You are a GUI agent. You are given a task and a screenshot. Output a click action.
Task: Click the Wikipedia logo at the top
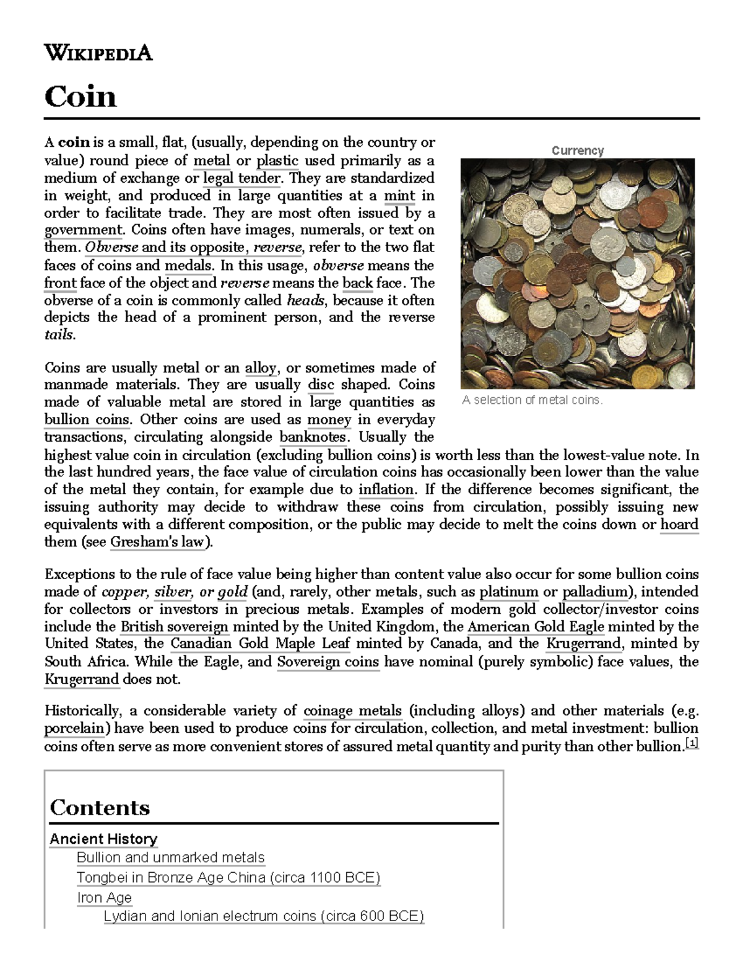click(x=98, y=53)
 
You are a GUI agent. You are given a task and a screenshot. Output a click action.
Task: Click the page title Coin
click(x=80, y=97)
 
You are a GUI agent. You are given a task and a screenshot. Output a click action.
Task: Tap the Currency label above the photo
click(x=577, y=151)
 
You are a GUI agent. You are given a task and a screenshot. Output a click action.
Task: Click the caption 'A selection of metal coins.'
click(x=532, y=400)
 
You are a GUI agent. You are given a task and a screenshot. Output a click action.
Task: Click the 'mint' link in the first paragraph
click(x=399, y=196)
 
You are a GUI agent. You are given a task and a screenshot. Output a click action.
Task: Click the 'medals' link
click(x=189, y=266)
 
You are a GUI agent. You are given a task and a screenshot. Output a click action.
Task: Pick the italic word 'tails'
click(x=59, y=335)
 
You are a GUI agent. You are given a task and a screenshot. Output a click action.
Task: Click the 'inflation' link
click(x=386, y=489)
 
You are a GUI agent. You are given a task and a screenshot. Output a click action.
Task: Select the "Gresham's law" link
click(x=160, y=543)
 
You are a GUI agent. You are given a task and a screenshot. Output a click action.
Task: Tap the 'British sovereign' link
click(x=175, y=626)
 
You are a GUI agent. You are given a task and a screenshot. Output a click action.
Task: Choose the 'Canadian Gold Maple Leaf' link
click(x=260, y=644)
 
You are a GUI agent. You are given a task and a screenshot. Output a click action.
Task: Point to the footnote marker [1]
click(x=693, y=744)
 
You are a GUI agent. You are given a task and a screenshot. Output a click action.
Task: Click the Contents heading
click(x=100, y=808)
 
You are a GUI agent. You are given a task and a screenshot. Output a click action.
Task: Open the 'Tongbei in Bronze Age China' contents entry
click(x=228, y=878)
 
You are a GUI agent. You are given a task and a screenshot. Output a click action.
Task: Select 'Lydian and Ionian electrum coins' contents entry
click(x=264, y=916)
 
